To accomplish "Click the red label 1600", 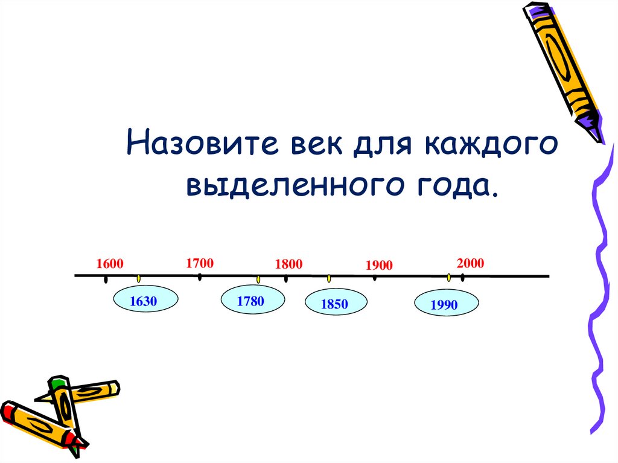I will pos(109,264).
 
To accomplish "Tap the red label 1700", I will pos(200,263).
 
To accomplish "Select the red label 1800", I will pos(288,264).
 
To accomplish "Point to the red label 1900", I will pos(379,266).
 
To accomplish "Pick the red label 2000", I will pos(471,263).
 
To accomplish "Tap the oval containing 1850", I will pos(335,304).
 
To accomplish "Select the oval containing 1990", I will pos(445,305).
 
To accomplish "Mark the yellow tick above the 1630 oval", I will pos(138,278).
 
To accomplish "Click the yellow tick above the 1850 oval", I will pos(329,278).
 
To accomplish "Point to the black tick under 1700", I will pos(199,277).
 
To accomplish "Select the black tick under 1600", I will pos(106,279).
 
